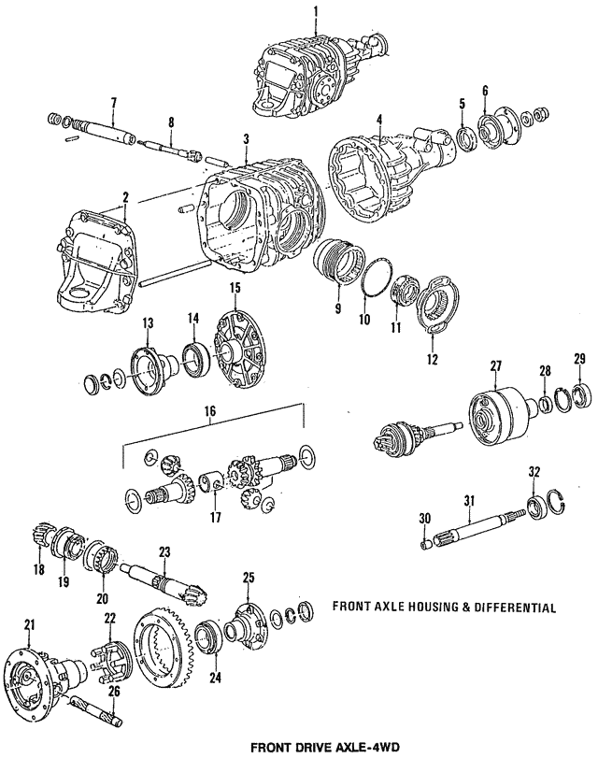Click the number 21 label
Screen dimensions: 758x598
(x=29, y=624)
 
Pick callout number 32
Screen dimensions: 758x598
(x=534, y=471)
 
